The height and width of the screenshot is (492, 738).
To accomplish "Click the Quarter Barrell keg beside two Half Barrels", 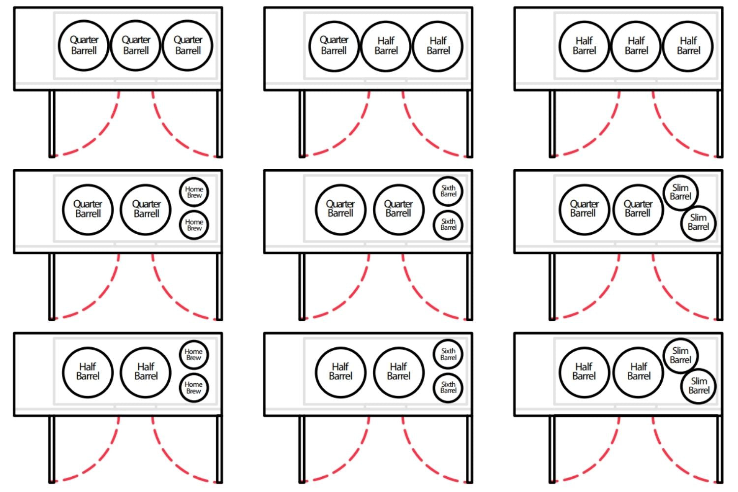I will [x=334, y=46].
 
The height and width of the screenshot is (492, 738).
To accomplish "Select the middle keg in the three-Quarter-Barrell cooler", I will [x=136, y=46].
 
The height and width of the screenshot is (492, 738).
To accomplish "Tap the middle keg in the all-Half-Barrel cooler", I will [x=636, y=46].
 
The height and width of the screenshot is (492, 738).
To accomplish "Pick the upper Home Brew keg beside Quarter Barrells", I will [x=194, y=192].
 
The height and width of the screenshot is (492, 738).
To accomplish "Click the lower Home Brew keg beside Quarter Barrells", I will [x=194, y=225].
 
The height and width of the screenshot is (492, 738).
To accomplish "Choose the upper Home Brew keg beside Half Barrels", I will [x=193, y=354].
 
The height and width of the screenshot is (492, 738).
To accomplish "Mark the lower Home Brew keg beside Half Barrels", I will [x=193, y=387].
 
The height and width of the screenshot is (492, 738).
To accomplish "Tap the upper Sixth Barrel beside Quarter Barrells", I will [x=448, y=191].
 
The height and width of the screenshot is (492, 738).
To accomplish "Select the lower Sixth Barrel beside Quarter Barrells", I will [x=448, y=224].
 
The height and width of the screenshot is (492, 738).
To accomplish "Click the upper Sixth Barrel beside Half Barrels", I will [x=448, y=354].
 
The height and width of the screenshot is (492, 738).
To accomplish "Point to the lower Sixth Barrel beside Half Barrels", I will [x=448, y=387].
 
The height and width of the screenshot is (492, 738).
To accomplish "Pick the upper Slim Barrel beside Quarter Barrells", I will [x=680, y=192].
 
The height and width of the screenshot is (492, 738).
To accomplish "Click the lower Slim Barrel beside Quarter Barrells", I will [x=698, y=222].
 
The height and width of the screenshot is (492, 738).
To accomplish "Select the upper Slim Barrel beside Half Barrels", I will [x=680, y=355].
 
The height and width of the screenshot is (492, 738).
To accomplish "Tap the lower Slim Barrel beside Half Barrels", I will [x=699, y=386].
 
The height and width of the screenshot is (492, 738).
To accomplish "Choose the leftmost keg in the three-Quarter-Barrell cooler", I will [x=84, y=46].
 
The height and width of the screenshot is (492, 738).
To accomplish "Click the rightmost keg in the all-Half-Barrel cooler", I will [x=688, y=46].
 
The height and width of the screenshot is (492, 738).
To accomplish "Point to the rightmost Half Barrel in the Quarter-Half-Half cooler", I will [x=438, y=46].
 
